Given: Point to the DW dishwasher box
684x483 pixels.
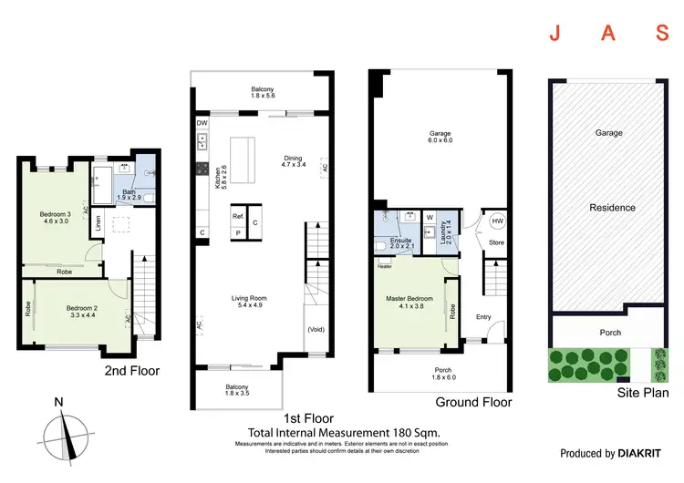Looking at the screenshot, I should point(202,123).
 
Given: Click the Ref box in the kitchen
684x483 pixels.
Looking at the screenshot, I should point(237,216).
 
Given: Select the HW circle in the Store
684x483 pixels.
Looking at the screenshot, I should point(496,221).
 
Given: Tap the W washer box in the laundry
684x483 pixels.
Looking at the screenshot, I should point(429,217).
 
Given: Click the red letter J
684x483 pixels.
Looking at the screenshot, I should point(554,35).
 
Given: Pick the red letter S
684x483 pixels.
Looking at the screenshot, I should point(663,35).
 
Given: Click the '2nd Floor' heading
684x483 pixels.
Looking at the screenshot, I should point(131,371).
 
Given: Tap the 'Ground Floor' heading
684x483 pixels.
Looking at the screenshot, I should point(473,402).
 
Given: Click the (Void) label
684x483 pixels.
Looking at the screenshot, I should point(316,329).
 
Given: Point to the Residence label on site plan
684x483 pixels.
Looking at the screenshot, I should point(612,207).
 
